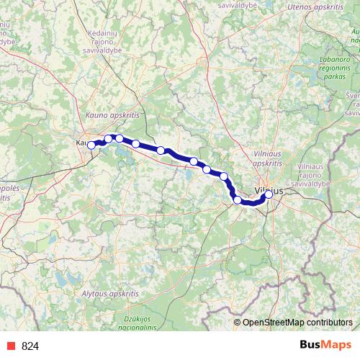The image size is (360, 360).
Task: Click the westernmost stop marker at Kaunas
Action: point(91,145)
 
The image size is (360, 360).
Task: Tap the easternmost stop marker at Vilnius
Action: point(269,194)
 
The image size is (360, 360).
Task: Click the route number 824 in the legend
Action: point(30,346)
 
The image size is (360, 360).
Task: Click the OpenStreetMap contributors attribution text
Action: point(297,322)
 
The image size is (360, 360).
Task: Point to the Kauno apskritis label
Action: point(112,114)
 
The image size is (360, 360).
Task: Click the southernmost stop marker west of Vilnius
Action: point(238,199)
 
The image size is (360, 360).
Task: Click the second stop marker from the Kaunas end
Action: point(109,138)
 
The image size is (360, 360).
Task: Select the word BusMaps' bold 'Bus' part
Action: point(310,346)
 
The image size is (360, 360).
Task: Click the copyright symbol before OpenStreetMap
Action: point(238,322)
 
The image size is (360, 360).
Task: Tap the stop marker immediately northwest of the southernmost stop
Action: point(225,176)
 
